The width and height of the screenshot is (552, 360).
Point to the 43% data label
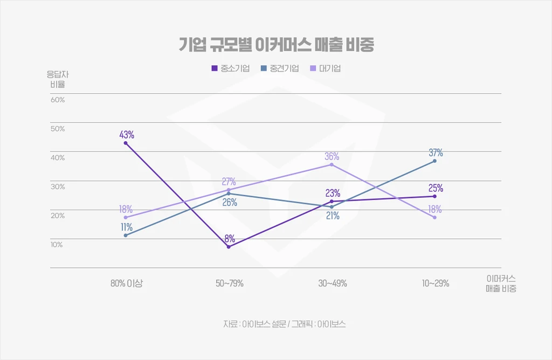click(x=127, y=134)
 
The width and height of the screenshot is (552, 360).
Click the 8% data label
click(x=230, y=238)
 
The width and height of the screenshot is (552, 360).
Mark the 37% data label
click(x=436, y=153)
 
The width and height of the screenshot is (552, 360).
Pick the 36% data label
click(x=332, y=156)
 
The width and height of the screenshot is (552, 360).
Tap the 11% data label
click(x=126, y=227)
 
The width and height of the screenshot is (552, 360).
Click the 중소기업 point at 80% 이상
click(x=126, y=143)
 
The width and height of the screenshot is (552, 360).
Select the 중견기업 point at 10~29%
click(x=434, y=161)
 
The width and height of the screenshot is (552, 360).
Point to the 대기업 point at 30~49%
click(x=332, y=164)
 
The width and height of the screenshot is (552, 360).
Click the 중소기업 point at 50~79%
click(x=229, y=247)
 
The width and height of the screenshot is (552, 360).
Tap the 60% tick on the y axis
click(x=58, y=100)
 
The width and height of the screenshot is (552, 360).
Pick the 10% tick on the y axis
click(x=57, y=245)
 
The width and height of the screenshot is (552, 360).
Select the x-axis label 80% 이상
click(x=127, y=283)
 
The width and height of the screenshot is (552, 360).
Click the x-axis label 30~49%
click(x=333, y=283)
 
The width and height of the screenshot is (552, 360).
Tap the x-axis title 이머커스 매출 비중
click(x=501, y=283)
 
